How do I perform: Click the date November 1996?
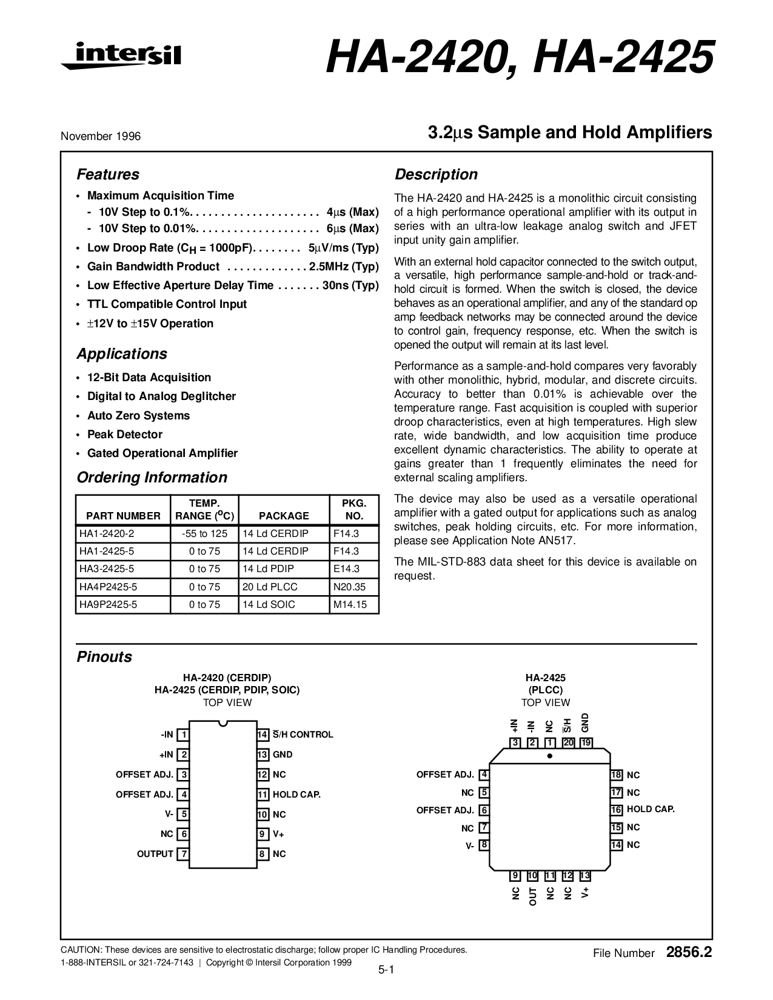click(x=100, y=136)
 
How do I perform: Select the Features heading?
click(x=107, y=175)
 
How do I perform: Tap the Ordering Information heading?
click(x=152, y=478)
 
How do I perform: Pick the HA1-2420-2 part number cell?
click(x=107, y=534)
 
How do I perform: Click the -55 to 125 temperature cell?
click(x=204, y=534)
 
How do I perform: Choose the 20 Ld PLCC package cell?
click(x=270, y=587)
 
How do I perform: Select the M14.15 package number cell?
click(x=350, y=604)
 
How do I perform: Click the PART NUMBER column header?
click(x=123, y=516)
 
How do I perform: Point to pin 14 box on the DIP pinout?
click(x=263, y=735)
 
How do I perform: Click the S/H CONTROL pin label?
click(x=303, y=735)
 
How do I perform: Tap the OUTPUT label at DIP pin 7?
click(x=155, y=854)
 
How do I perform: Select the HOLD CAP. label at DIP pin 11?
click(x=296, y=795)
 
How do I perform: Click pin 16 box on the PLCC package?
click(x=617, y=810)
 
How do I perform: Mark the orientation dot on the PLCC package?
click(x=550, y=756)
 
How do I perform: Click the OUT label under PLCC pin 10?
click(x=533, y=896)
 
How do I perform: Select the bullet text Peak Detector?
click(x=125, y=435)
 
